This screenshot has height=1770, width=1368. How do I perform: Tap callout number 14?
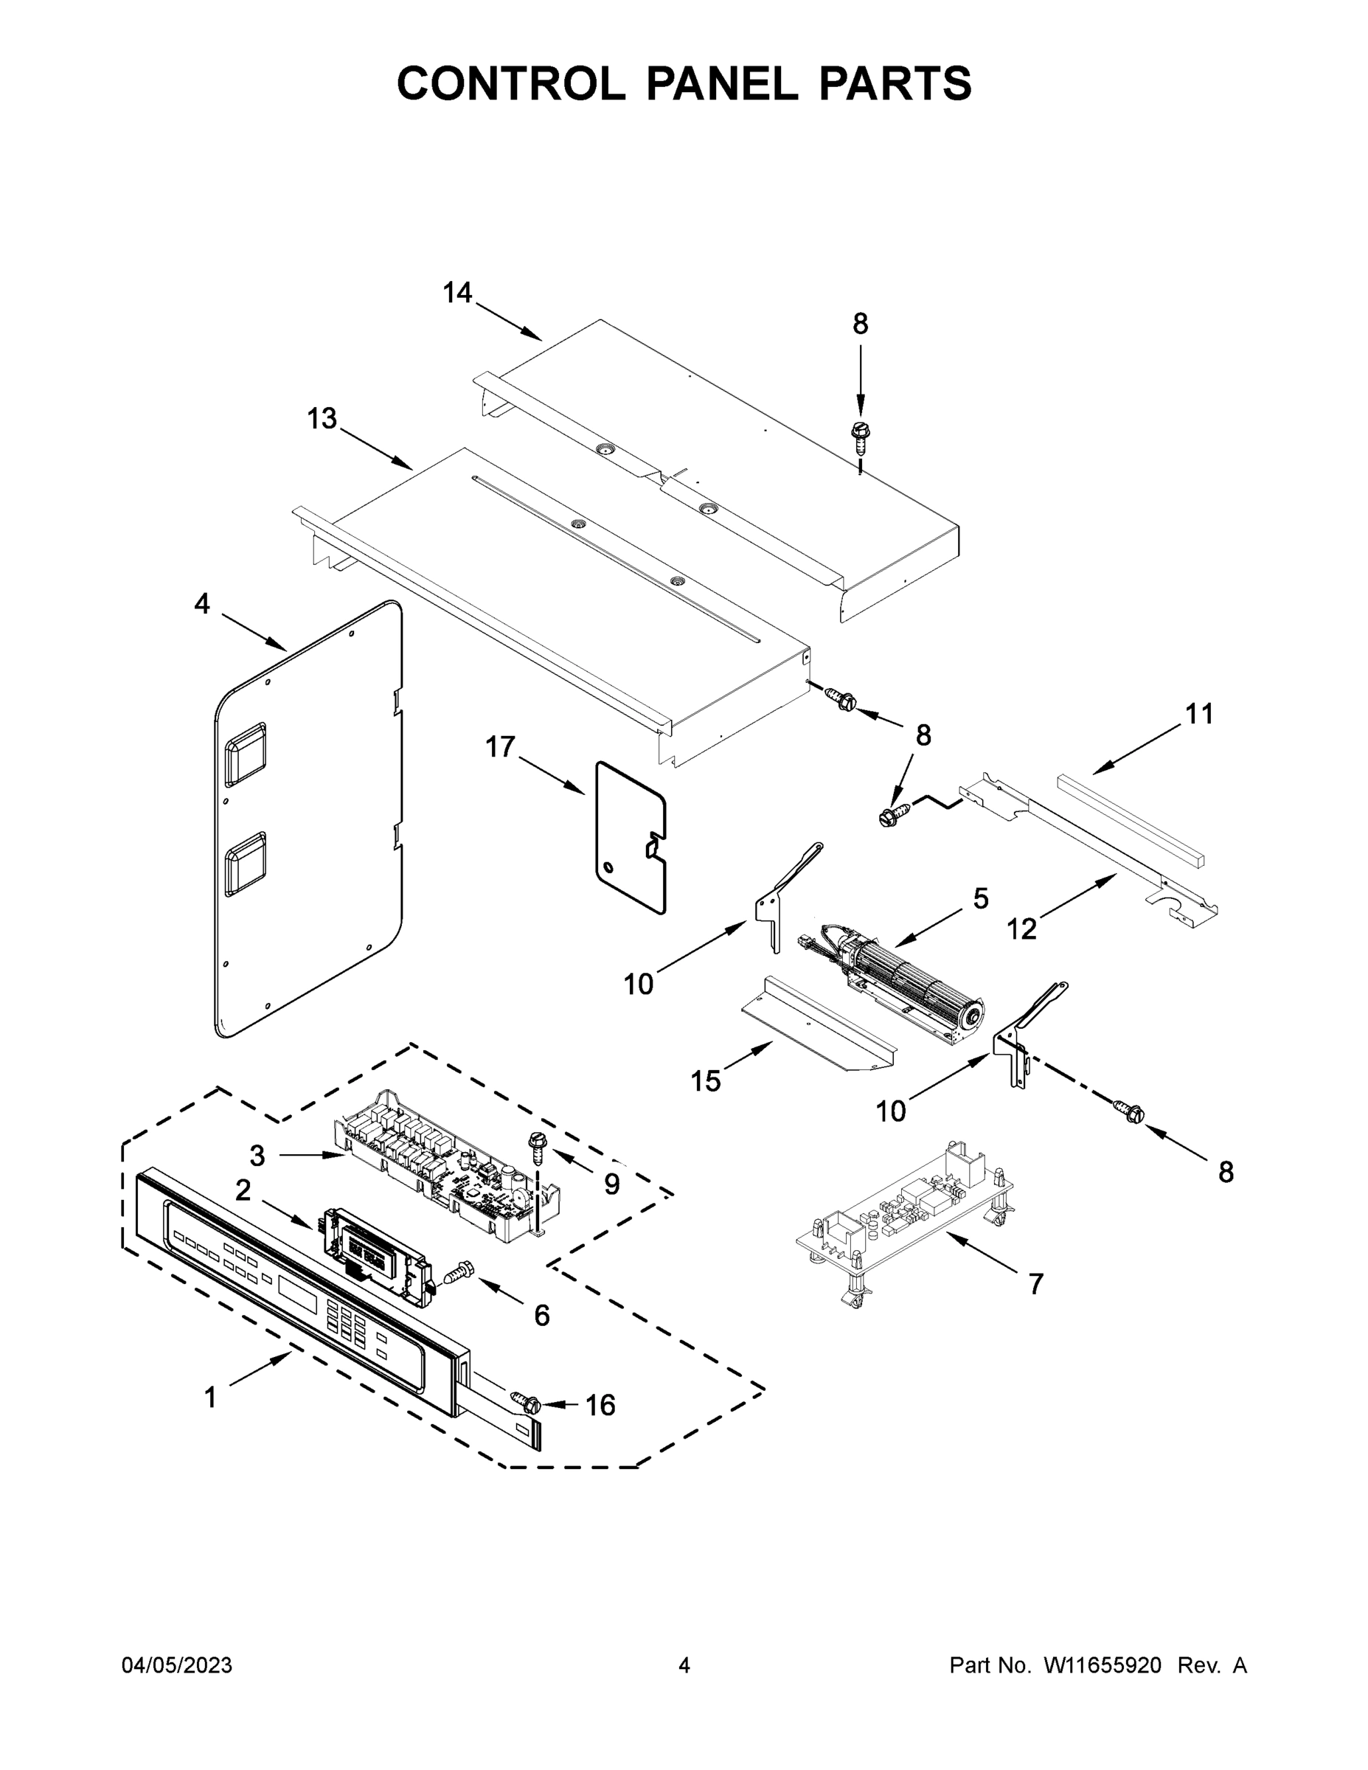click(457, 293)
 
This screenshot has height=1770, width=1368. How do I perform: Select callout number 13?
click(322, 419)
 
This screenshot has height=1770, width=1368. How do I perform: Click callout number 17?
click(500, 746)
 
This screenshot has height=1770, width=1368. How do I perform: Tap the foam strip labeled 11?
click(1131, 819)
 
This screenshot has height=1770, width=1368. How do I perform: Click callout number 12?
click(1022, 929)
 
